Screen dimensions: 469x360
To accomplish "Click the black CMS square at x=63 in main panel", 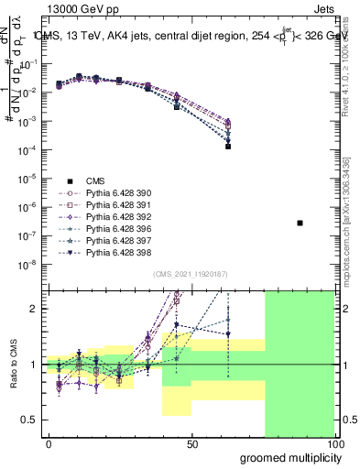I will pyautogui.click(x=228, y=146).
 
